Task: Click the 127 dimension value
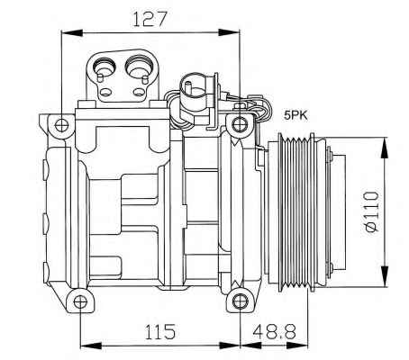coord(150,20)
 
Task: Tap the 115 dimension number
coord(159,331)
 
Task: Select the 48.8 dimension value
coord(275,331)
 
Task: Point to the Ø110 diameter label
coord(372,212)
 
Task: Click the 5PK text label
coord(296,115)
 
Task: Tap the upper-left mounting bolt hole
coord(61,125)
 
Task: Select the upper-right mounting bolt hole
coord(240,124)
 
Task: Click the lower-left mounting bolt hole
coord(80,301)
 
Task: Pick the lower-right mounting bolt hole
coord(240,301)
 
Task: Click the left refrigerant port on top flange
coord(104,67)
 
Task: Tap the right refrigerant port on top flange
coord(139,66)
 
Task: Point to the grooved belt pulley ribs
coord(296,212)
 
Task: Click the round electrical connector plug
coord(194,88)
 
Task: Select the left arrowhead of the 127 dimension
coord(71,32)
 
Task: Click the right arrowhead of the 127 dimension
coord(230,32)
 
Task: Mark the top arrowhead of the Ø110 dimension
coord(384,148)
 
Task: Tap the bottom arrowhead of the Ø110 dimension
coord(384,276)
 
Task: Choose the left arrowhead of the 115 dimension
coord(91,346)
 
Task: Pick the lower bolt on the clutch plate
coord(331,266)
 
